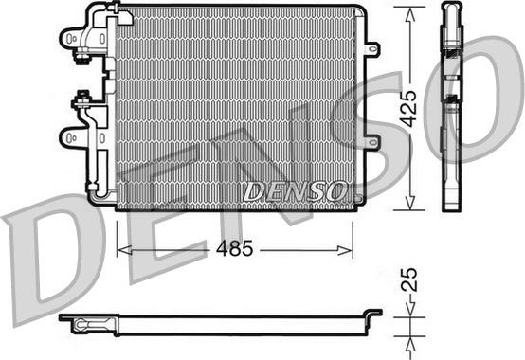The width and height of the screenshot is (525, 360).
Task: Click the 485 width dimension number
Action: coord(233,251)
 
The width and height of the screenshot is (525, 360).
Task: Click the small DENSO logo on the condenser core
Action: coord(295,191)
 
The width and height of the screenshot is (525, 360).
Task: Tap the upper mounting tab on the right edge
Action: coord(372,47)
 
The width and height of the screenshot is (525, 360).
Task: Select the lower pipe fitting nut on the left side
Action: coord(83,97)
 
